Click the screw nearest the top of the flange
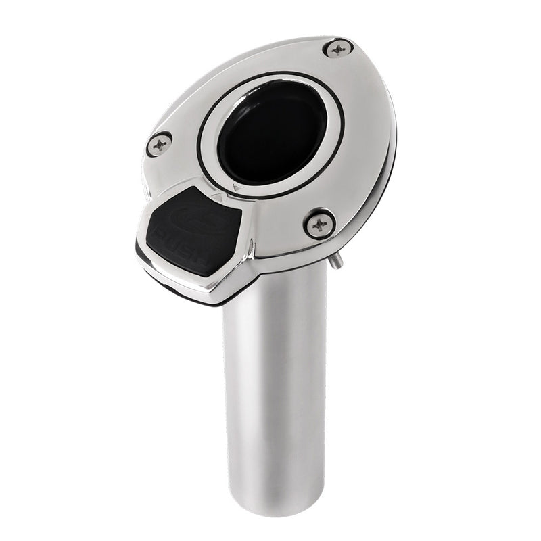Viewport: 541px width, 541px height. click(x=337, y=47)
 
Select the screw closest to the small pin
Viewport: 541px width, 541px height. click(x=319, y=223)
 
